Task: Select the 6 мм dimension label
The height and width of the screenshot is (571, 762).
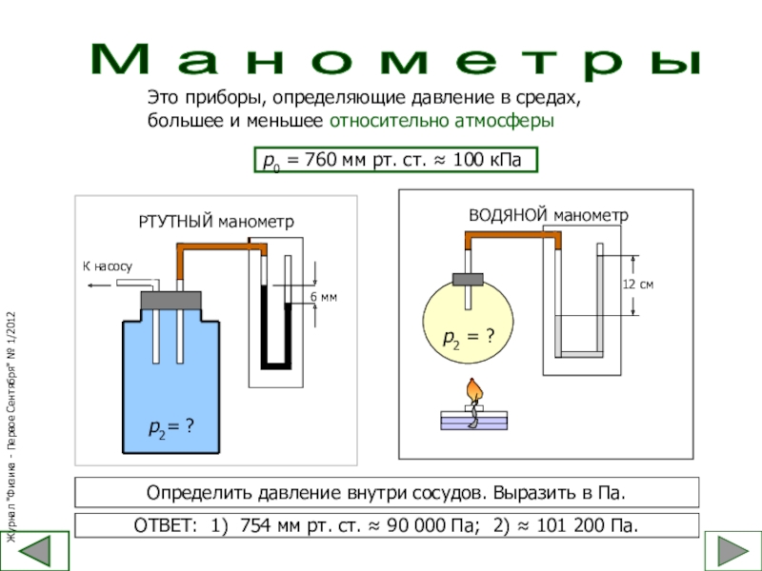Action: pyautogui.click(x=325, y=298)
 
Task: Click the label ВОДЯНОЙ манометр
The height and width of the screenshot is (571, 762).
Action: pyautogui.click(x=548, y=215)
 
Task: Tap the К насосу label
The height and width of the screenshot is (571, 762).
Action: pyautogui.click(x=106, y=267)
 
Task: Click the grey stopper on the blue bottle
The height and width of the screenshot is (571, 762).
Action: pyautogui.click(x=170, y=301)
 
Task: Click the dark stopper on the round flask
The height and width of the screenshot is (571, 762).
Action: pyautogui.click(x=469, y=278)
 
